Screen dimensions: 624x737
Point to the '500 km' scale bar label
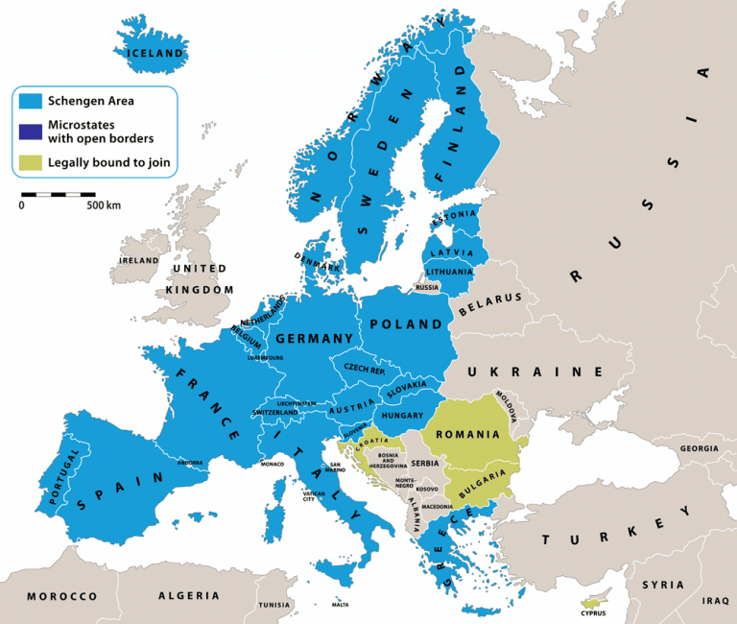point(104,205)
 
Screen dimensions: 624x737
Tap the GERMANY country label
point(315,339)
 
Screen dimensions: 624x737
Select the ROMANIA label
point(467,434)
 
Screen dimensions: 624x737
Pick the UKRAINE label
point(535,372)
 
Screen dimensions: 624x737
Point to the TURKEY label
point(604,531)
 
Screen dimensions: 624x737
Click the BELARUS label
point(489,304)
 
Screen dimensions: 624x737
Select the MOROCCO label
point(61,596)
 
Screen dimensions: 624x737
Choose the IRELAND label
point(138,260)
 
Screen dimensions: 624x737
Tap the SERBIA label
point(424,463)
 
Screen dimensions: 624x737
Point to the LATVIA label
point(452,253)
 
